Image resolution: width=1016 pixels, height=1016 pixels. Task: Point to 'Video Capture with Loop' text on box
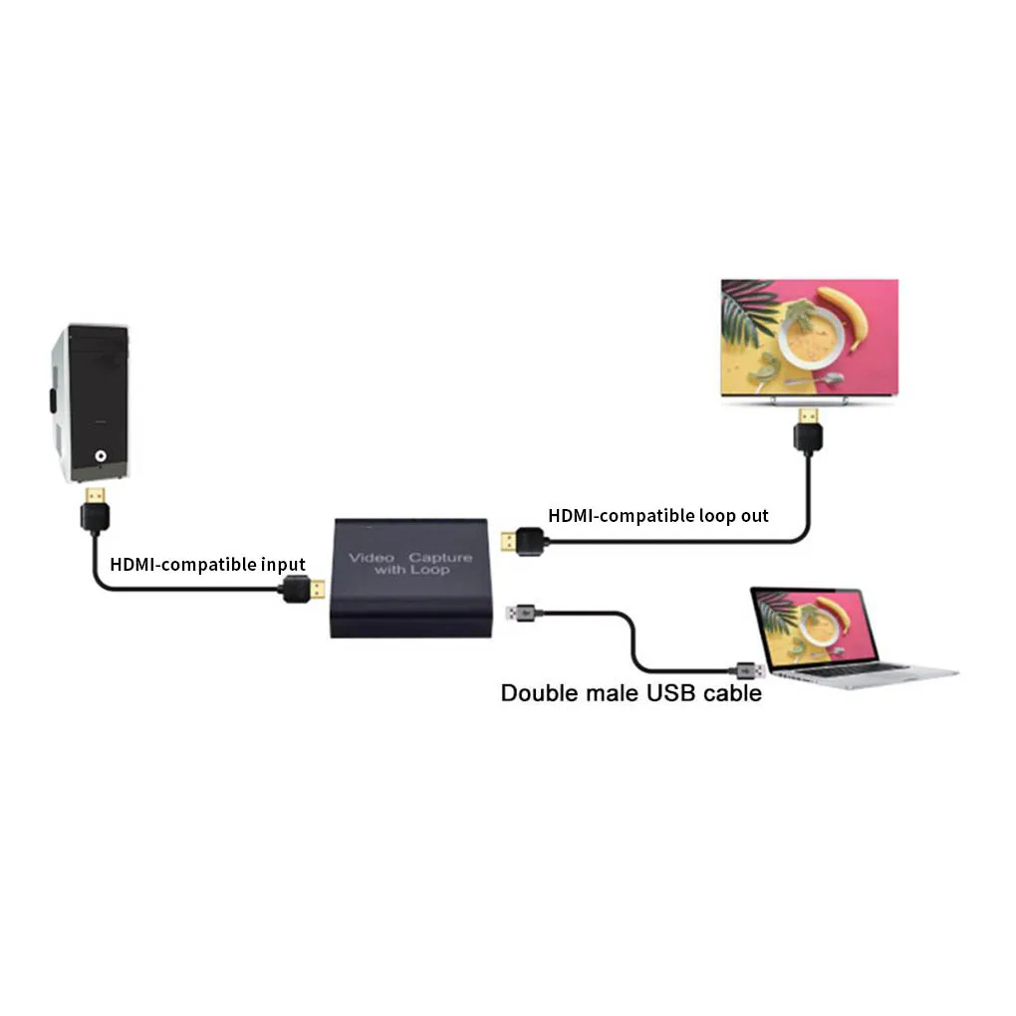(410, 563)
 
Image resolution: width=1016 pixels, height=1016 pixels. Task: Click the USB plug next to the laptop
(749, 668)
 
